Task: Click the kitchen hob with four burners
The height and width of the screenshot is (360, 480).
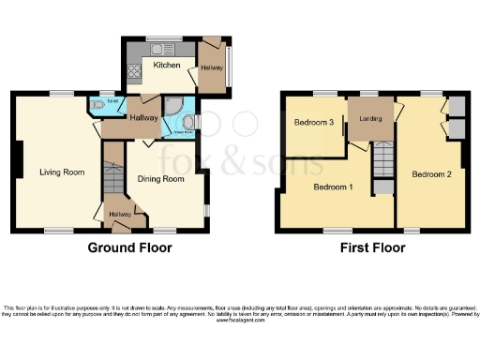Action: click(133, 69)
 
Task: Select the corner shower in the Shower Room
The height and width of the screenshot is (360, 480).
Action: click(172, 105)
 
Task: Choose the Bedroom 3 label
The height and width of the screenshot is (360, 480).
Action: click(314, 124)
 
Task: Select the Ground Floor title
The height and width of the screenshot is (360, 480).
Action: click(129, 248)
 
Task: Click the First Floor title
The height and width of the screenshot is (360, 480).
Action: click(372, 248)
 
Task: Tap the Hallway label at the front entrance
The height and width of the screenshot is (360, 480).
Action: click(119, 215)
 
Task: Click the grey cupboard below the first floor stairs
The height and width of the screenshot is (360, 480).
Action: click(383, 187)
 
